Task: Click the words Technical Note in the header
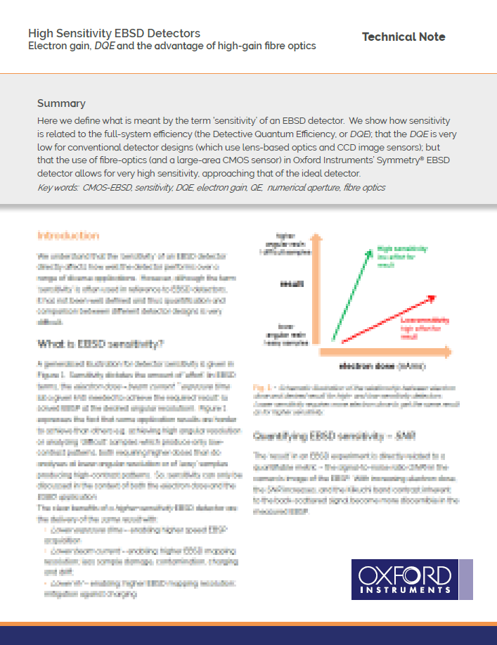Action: [403, 37]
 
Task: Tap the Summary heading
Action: [61, 103]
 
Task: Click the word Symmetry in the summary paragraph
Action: [381, 160]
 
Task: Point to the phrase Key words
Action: [57, 188]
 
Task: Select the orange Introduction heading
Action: [67, 235]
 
